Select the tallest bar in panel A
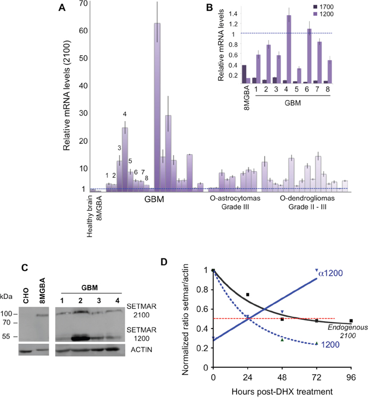pyautogui.click(x=157, y=105)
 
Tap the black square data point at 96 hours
pyautogui.click(x=351, y=321)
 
